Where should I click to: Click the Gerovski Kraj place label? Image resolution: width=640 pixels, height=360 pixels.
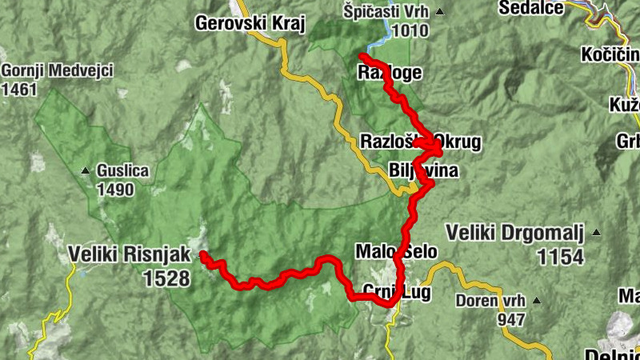(x=250, y=23)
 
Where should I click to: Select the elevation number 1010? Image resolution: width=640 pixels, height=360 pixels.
(x=410, y=31)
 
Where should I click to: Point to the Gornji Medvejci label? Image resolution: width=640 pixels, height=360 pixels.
(x=57, y=70)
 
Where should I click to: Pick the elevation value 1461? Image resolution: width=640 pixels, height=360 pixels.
(x=19, y=90)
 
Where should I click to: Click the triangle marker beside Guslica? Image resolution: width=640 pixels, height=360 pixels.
(x=86, y=170)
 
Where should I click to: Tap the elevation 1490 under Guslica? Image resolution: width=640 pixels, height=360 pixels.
(x=114, y=190)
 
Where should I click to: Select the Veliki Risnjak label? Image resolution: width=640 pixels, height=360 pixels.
(x=130, y=255)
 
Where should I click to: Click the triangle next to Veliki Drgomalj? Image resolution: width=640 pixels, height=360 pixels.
(x=596, y=234)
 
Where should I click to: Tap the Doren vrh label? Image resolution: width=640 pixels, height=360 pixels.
(x=490, y=301)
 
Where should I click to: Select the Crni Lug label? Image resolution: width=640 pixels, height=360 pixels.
(x=396, y=293)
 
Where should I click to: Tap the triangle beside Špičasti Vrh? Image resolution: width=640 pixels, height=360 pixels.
(x=438, y=13)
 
